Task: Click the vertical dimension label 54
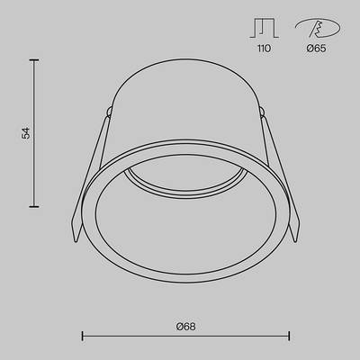(27, 132)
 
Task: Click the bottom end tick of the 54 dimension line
(36, 206)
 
